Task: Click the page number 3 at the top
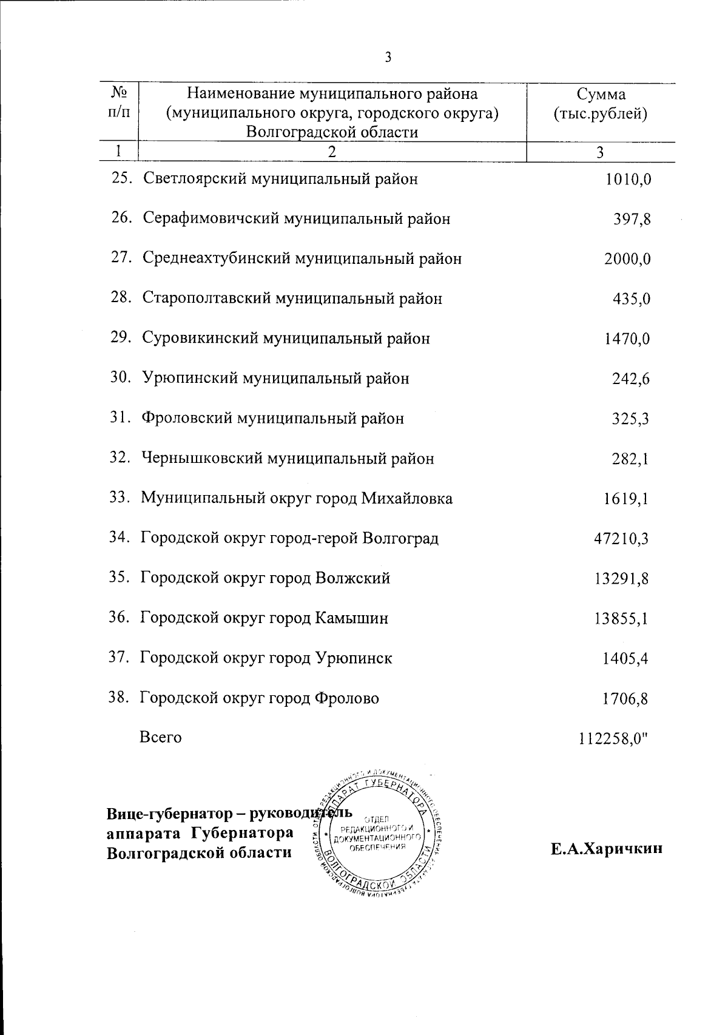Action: tap(388, 58)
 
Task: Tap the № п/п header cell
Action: tap(119, 102)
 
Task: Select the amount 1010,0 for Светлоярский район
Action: tap(629, 179)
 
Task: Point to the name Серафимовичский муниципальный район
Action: tap(297, 218)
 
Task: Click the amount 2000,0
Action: tap(627, 259)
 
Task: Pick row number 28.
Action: tap(121, 298)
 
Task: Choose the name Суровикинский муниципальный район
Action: tap(286, 338)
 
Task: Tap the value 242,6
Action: tap(630, 379)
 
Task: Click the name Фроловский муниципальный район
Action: tap(272, 419)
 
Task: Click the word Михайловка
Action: tap(407, 499)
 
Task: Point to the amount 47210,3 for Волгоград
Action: tap(621, 539)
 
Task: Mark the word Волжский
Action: tap(353, 578)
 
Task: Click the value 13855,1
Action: tap(621, 619)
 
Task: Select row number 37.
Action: tap(119, 658)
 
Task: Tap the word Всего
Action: tap(161, 738)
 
